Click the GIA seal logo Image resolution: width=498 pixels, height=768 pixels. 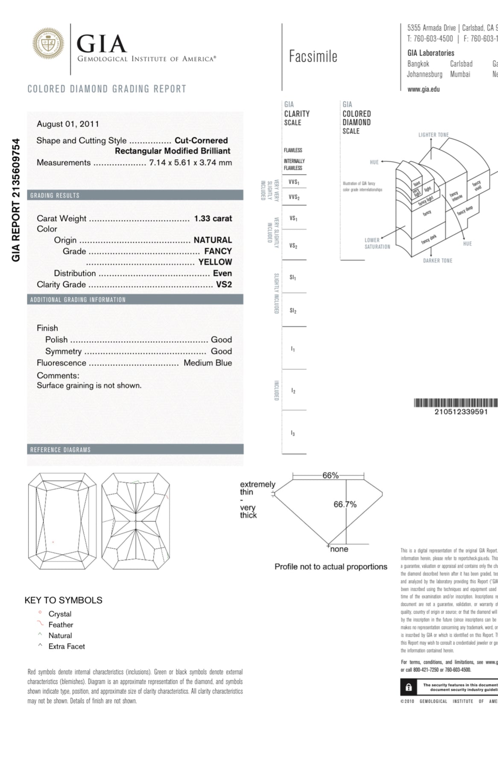pyautogui.click(x=48, y=43)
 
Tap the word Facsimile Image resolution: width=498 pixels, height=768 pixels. pyautogui.click(x=313, y=56)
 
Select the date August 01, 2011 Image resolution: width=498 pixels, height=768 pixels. pyautogui.click(x=68, y=124)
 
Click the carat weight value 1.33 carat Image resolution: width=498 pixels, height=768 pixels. pyautogui.click(x=213, y=218)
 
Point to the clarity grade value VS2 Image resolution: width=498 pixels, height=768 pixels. pyautogui.click(x=224, y=285)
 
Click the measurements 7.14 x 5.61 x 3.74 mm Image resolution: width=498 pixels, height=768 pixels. pyautogui.click(x=190, y=163)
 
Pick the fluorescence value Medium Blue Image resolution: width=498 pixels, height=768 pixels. pyautogui.click(x=208, y=363)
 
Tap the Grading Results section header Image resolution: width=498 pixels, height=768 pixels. pyautogui.click(x=55, y=195)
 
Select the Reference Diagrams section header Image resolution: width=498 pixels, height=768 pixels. pyautogui.click(x=60, y=450)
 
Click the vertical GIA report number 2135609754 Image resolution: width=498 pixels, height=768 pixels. pyautogui.click(x=16, y=200)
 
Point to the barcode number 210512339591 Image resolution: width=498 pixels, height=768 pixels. pyautogui.click(x=461, y=412)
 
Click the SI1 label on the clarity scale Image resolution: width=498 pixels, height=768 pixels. pyautogui.click(x=293, y=277)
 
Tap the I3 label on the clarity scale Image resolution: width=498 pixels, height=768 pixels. pyautogui.click(x=293, y=433)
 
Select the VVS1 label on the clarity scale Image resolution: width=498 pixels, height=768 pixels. pyautogui.click(x=294, y=182)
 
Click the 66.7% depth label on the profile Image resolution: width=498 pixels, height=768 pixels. pyautogui.click(x=345, y=504)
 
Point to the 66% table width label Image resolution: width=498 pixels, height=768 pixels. pyautogui.click(x=330, y=475)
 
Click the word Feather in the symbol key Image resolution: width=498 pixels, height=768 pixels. pyautogui.click(x=61, y=625)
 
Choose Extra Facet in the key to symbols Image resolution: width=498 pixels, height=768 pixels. pyautogui.click(x=67, y=646)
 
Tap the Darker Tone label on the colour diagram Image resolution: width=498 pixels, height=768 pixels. pyautogui.click(x=437, y=261)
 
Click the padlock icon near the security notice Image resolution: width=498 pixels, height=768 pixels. pyautogui.click(x=409, y=687)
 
